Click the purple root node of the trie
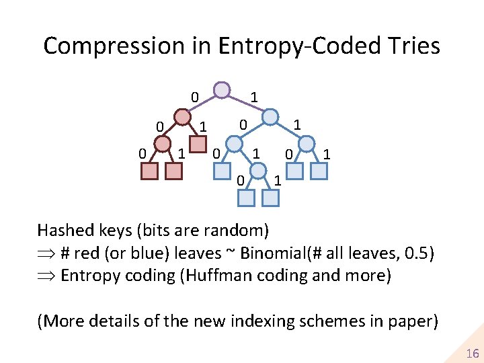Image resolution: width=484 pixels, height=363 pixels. point(221,89)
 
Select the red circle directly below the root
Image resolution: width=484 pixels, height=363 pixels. point(182,118)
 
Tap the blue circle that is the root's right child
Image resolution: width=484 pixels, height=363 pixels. point(270,117)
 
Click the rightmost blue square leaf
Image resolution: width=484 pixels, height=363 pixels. point(318,171)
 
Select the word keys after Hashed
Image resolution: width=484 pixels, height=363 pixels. point(117,231)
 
